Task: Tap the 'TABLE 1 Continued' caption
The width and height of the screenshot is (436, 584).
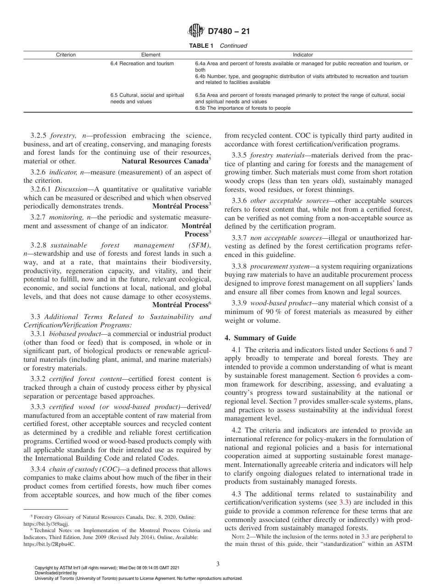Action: (218, 46)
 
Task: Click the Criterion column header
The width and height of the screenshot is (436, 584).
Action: (66, 55)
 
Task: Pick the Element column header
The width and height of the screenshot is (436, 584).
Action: (151, 55)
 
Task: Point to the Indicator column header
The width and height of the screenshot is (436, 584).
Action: (303, 55)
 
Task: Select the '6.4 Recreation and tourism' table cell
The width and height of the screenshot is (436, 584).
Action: (142, 63)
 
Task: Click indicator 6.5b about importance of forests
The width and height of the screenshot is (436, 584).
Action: (243, 108)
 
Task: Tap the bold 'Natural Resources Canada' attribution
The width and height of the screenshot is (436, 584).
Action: (165, 161)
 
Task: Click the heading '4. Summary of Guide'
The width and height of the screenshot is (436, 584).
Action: (260, 338)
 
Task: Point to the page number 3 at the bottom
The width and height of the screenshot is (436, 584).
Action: (218, 564)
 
